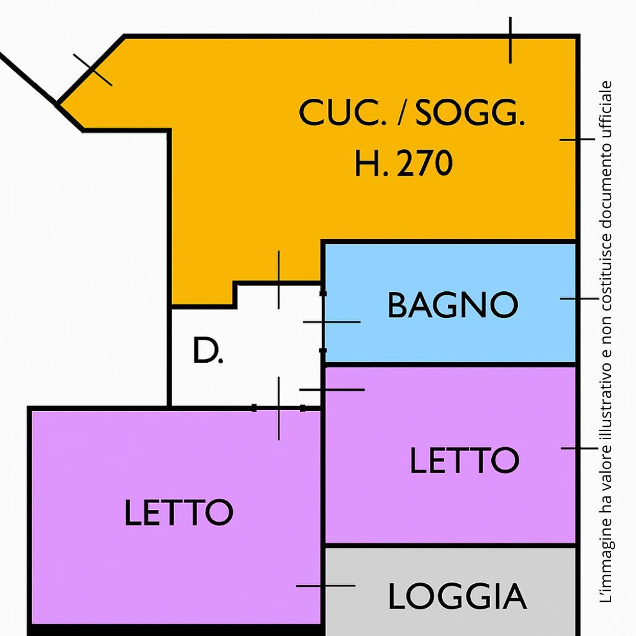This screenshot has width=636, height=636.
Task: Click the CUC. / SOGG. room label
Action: point(412,114)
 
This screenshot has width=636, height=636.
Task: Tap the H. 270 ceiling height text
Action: point(403,164)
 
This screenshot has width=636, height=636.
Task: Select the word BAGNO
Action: point(452,305)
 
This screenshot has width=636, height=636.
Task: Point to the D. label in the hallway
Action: point(207,352)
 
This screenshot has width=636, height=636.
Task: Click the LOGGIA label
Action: point(457,597)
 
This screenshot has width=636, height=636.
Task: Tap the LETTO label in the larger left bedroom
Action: point(178,512)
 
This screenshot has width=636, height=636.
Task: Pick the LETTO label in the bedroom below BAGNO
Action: point(464,460)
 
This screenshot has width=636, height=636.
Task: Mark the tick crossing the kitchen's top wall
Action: point(511,40)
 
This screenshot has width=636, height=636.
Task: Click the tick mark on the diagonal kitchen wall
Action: point(93,70)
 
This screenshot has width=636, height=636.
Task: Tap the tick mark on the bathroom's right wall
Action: point(578,299)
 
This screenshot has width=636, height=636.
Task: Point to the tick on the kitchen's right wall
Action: point(577,140)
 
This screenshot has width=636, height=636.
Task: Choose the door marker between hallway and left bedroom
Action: point(278,408)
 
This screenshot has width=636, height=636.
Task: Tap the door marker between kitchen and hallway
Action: point(278,283)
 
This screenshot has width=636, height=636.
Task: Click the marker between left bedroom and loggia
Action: point(324,585)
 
